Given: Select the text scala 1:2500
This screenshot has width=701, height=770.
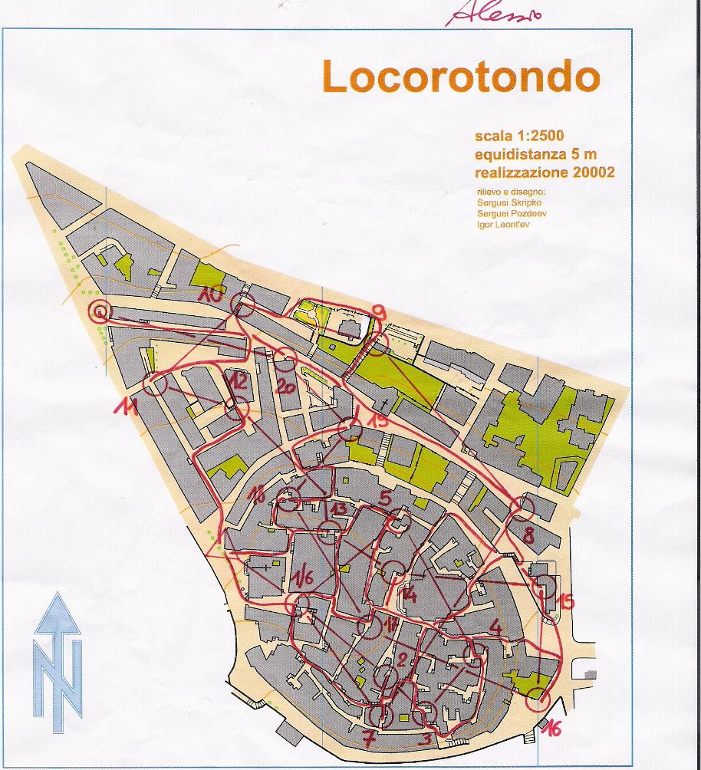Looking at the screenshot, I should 519,137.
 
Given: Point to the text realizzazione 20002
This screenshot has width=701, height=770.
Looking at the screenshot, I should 545,172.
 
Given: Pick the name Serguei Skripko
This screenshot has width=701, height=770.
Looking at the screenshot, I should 510,202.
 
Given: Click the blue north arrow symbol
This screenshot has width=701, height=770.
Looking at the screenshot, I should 58,661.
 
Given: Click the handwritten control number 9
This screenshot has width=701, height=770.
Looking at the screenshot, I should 379,311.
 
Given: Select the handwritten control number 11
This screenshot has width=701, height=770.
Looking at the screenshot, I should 125,408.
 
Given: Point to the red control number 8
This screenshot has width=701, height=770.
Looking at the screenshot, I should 528,532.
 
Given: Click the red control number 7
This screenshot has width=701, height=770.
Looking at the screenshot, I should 369,741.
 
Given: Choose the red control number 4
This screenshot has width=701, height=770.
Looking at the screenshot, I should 495,627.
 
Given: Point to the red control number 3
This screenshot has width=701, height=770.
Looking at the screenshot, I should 426,741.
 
